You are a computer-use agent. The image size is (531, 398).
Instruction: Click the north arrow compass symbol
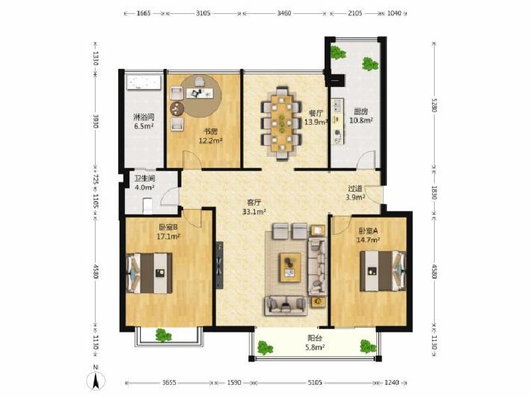[96, 379]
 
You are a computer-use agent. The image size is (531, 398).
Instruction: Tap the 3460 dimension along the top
[284, 13]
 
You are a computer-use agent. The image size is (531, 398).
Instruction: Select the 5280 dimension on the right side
[435, 105]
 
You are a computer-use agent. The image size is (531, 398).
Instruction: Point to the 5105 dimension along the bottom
[315, 383]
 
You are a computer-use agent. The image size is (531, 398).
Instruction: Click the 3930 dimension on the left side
[96, 121]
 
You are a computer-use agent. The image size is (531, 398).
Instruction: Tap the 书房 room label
[210, 131]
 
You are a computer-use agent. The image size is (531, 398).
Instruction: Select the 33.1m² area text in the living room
[254, 212]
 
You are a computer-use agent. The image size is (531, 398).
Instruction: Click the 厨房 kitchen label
[361, 111]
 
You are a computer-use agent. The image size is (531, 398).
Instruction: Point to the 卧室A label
[368, 231]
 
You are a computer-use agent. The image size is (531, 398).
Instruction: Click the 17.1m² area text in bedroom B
[169, 236]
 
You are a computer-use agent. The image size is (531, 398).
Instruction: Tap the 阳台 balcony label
[315, 338]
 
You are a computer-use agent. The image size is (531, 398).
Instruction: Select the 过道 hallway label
[356, 188]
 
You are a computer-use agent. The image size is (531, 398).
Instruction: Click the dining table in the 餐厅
[281, 123]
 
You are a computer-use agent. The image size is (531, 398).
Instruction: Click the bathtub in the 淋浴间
[143, 82]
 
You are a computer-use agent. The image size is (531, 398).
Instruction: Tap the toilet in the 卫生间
[147, 206]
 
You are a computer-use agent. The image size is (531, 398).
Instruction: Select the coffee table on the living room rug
[290, 267]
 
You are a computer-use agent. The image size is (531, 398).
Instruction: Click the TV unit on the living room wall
[220, 265]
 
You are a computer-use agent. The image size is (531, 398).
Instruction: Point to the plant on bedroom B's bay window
[164, 335]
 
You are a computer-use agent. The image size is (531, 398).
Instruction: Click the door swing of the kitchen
[366, 160]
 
